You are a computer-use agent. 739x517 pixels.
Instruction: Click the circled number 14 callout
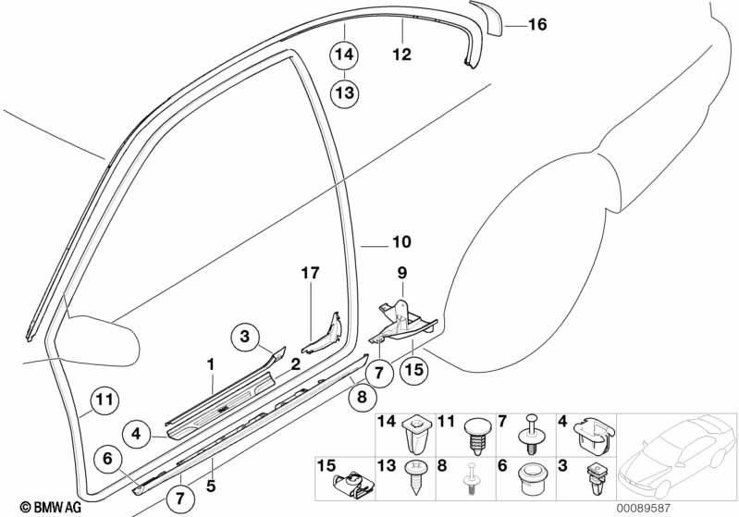(x=344, y=56)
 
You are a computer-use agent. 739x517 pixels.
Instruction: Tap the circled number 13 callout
(x=344, y=92)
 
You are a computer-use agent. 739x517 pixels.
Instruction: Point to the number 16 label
(x=537, y=26)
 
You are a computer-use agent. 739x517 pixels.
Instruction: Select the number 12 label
(x=400, y=55)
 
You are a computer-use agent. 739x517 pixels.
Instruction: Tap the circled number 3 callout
(x=245, y=338)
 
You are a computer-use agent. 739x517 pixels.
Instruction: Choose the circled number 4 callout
(x=135, y=431)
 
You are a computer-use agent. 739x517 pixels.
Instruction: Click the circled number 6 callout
(x=107, y=457)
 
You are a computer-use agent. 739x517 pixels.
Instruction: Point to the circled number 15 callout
(x=413, y=370)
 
